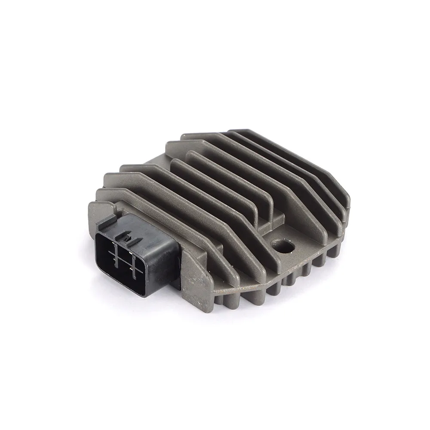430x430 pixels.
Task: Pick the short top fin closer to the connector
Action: [215, 181]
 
